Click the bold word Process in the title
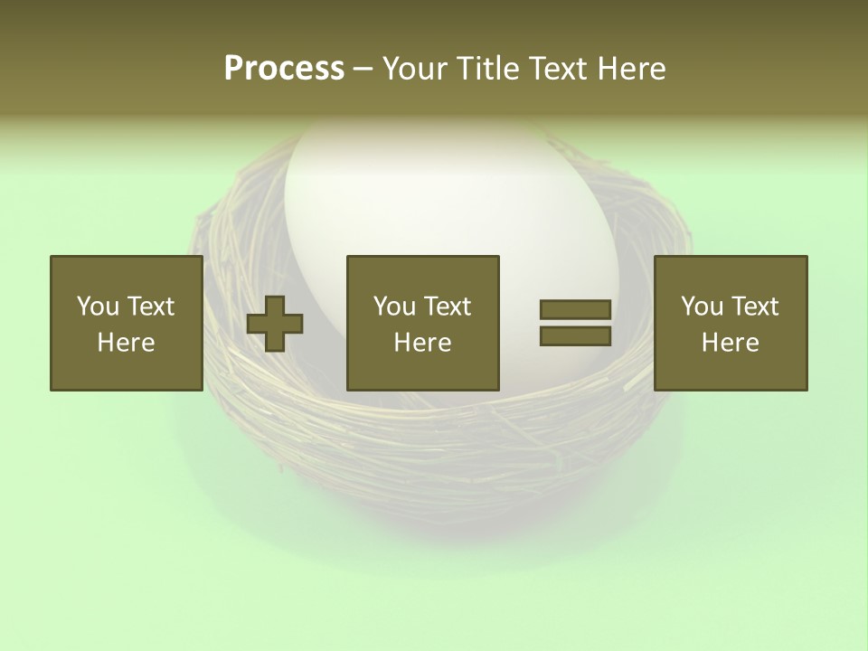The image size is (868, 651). (284, 69)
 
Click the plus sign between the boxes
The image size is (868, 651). (275, 324)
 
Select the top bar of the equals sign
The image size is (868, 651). (575, 310)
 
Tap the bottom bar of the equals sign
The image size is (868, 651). (575, 335)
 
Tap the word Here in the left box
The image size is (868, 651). (126, 343)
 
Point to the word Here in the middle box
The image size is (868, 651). (422, 343)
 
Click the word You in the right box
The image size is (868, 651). (703, 307)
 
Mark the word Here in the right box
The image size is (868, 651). (730, 343)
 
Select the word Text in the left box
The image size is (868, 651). (150, 307)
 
